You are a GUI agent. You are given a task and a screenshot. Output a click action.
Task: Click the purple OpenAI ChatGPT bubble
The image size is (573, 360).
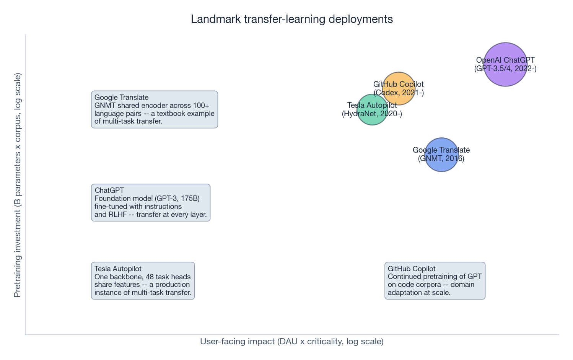(505, 65)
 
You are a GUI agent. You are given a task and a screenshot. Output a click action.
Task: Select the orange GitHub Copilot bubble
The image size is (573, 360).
(399, 88)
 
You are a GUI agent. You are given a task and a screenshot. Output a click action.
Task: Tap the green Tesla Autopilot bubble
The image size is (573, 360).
(372, 109)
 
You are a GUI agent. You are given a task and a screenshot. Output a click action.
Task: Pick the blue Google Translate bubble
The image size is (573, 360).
(441, 155)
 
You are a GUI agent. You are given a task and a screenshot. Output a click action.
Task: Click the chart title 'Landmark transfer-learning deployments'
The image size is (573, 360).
(291, 19)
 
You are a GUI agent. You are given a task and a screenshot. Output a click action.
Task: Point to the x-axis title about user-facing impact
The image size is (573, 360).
(291, 341)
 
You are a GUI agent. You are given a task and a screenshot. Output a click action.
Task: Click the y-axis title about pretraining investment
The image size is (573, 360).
(17, 185)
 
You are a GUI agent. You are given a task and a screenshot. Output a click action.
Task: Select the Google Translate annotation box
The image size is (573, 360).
(155, 109)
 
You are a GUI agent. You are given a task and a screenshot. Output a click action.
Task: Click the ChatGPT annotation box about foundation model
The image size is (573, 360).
(151, 202)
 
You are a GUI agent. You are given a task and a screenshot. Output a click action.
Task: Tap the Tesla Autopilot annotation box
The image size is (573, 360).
(143, 281)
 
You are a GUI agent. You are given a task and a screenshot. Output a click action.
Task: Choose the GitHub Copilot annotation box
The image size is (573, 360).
(435, 281)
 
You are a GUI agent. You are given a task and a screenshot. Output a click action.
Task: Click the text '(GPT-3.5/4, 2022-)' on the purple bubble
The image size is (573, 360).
(505, 68)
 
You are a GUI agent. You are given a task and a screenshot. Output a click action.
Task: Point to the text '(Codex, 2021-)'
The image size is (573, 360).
(399, 93)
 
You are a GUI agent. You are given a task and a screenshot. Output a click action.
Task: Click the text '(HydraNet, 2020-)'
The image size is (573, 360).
(372, 114)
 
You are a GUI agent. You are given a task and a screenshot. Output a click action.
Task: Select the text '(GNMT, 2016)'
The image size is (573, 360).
(441, 158)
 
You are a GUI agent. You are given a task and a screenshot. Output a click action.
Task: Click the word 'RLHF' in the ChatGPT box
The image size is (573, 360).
(117, 214)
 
